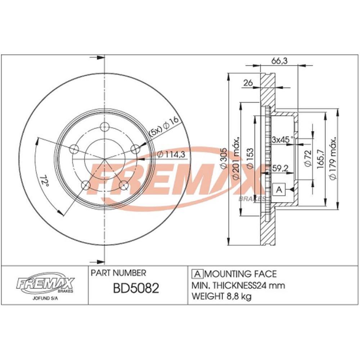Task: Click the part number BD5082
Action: point(136,289)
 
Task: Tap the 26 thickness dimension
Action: point(248,83)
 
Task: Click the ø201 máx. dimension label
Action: point(236,158)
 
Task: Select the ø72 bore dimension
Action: point(307,158)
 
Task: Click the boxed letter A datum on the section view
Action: point(279,189)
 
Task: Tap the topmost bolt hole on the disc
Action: point(105,126)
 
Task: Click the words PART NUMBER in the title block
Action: point(118,274)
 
